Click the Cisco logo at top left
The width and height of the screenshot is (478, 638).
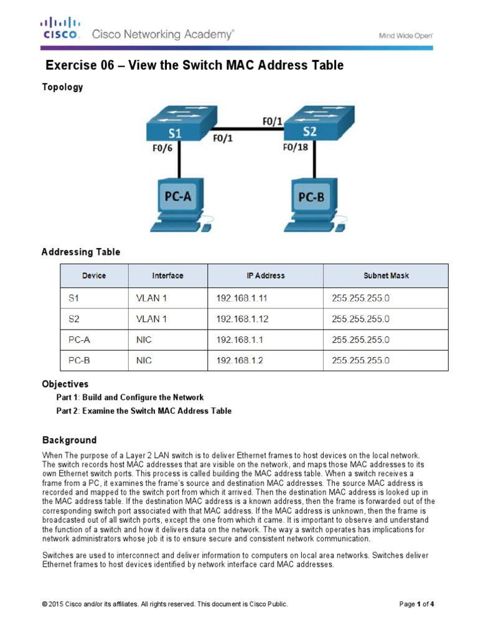coord(60,28)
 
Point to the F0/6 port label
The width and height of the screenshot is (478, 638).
coord(162,150)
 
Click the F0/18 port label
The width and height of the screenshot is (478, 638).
coord(296,148)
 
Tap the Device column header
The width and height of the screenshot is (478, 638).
coord(94,275)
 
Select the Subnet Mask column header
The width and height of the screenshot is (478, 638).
coord(386,275)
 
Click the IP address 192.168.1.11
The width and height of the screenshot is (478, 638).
coord(242,298)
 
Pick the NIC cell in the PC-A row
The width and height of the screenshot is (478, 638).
coord(144,340)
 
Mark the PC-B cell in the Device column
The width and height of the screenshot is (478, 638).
coord(79,360)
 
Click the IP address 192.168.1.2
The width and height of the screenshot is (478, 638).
coord(240,360)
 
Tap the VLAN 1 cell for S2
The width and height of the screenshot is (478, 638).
coord(151,319)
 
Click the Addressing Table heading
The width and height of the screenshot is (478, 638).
coord(81,252)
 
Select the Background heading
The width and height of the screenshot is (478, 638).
coord(69,440)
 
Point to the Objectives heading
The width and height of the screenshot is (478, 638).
coord(65,384)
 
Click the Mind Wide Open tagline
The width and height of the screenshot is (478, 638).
coord(406,36)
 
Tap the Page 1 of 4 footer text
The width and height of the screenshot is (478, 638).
coord(416,604)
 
